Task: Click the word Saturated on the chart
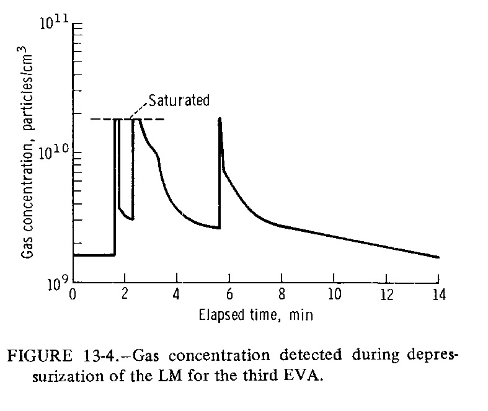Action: pyautogui.click(x=180, y=100)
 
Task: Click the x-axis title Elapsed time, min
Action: pyautogui.click(x=256, y=315)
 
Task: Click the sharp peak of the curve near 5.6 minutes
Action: pyautogui.click(x=220, y=118)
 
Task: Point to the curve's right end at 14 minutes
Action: pyautogui.click(x=438, y=257)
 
